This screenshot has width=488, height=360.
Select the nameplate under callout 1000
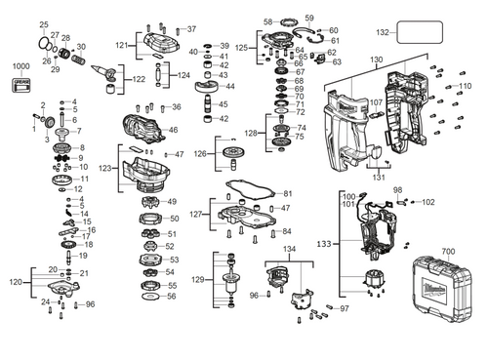pyautogui.click(x=20, y=87)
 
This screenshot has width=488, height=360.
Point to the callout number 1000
pyautogui.click(x=20, y=65)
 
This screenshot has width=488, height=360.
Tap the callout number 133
pyautogui.click(x=323, y=243)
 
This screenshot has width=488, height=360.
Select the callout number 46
pyautogui.click(x=173, y=130)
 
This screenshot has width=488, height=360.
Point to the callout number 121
pyautogui.click(x=121, y=45)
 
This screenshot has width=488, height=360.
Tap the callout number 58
pyautogui.click(x=267, y=21)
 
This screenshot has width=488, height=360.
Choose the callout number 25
pyautogui.click(x=43, y=23)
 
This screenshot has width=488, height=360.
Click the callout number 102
pyautogui.click(x=428, y=202)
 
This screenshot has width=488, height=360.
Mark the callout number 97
pyautogui.click(x=344, y=308)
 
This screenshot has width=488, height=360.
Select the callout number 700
pyautogui.click(x=447, y=252)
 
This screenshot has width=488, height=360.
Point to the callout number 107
pyautogui.click(x=376, y=102)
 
